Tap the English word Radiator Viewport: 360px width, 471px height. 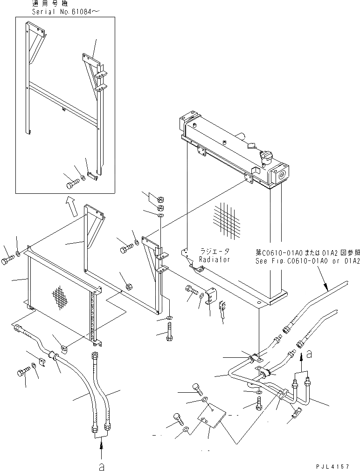pos(215,259)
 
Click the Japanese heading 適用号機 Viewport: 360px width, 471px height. pos(48,3)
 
